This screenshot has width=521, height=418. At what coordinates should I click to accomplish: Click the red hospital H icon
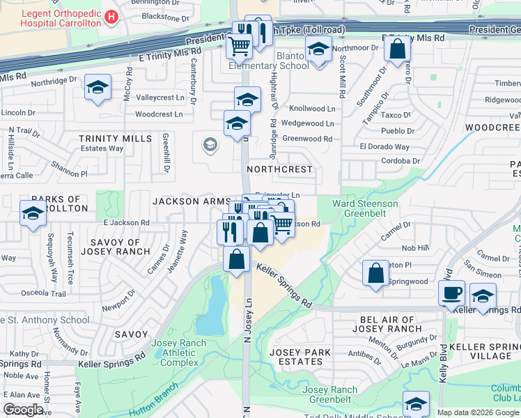coord(111,15)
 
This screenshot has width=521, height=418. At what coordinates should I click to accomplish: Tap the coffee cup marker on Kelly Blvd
coord(451,293)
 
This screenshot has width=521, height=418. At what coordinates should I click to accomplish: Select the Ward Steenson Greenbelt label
coord(365,209)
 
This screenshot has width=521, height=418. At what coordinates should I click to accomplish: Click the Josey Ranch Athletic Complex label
coord(179,353)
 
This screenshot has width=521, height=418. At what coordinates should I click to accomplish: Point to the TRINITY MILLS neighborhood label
coord(115,139)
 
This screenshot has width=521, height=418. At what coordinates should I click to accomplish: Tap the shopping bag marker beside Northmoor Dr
coord(397,49)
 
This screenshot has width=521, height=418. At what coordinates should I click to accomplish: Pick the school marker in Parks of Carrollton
coord(33,213)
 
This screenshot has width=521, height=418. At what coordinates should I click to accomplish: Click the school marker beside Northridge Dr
coord(98,87)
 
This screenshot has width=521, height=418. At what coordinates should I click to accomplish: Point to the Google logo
coord(23,410)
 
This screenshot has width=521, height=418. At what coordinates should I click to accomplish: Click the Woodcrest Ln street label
coord(159,114)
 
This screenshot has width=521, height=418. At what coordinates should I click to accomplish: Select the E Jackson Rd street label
coord(126,223)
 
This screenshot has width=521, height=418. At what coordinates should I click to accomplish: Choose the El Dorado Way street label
coord(384,147)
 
